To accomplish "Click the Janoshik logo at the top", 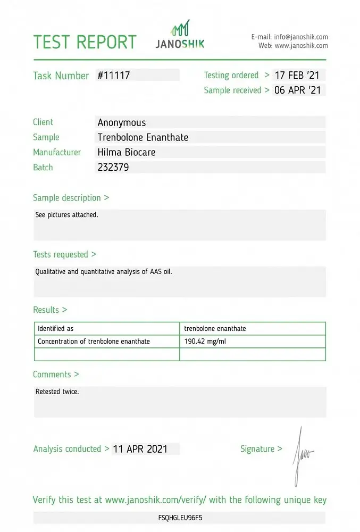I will click(180, 35).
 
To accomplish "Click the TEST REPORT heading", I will click(85, 42).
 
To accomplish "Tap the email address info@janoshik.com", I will click(301, 37).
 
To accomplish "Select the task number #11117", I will click(114, 76).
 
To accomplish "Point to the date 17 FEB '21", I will click(298, 76).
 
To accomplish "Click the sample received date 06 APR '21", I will click(298, 90).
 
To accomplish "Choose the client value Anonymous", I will click(122, 122).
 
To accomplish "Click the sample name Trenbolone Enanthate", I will click(143, 137).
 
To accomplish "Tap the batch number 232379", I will click(113, 167).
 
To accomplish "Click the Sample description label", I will click(71, 198).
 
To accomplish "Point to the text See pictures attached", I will click(67, 215).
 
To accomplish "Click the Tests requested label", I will click(64, 255).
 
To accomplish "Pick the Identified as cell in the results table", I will click(56, 329).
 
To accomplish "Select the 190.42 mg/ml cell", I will click(205, 342).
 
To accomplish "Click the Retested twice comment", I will click(57, 392).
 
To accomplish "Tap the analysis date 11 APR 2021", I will click(140, 449).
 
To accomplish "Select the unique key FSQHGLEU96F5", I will click(180, 517).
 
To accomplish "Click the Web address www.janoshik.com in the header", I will click(301, 46).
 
